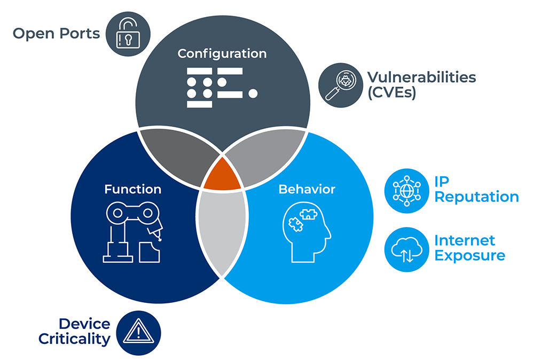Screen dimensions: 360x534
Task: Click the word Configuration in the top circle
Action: pyautogui.click(x=222, y=53)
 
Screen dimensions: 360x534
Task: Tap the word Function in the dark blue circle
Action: pyautogui.click(x=132, y=189)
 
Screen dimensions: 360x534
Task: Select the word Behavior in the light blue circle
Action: pyautogui.click(x=307, y=189)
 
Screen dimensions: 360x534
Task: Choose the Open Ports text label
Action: pyautogui.click(x=56, y=34)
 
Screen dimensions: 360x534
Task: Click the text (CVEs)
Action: pyautogui.click(x=391, y=92)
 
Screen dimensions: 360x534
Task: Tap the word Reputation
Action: pyautogui.click(x=476, y=197)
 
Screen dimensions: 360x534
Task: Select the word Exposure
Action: pyautogui.click(x=469, y=255)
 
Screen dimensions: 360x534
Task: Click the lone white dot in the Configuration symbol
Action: pyautogui.click(x=253, y=94)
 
